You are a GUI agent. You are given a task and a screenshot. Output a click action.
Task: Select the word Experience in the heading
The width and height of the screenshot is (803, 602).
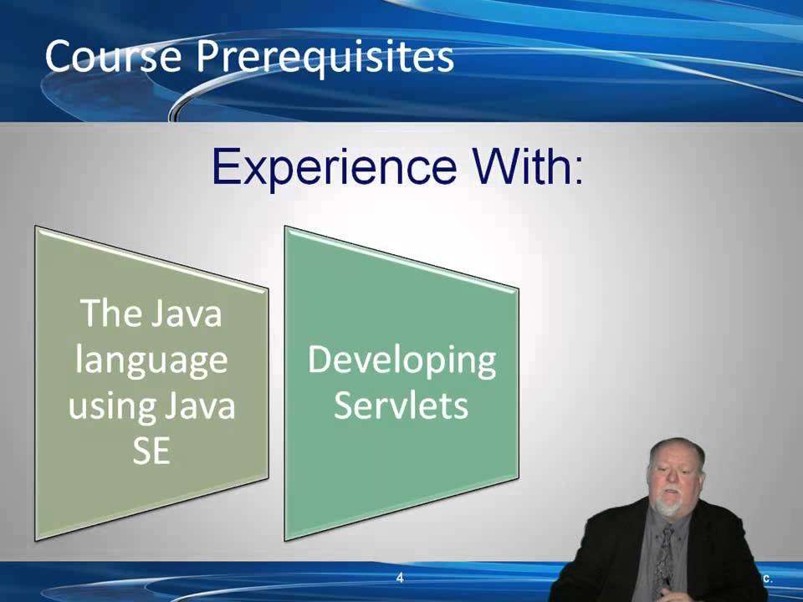(x=334, y=166)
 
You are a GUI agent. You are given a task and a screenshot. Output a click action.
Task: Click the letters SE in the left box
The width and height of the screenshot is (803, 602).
(x=151, y=451)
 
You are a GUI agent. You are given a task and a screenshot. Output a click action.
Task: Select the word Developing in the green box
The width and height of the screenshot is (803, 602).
(x=401, y=361)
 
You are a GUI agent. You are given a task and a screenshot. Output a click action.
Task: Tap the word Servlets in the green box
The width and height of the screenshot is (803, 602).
(x=401, y=406)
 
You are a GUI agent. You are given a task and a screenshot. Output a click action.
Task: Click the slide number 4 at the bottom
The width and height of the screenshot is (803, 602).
(x=400, y=578)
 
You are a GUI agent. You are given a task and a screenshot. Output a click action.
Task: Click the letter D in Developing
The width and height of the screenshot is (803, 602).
(x=321, y=360)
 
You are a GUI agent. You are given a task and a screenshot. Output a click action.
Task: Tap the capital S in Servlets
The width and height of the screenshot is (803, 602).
(x=344, y=406)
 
